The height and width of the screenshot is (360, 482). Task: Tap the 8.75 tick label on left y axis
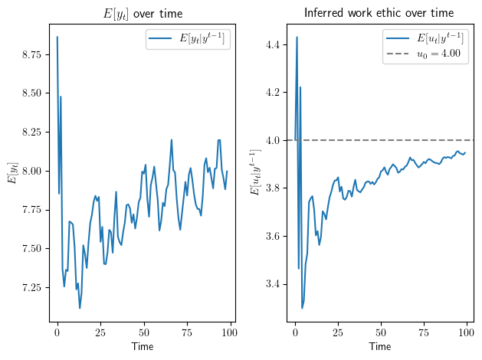click(x=34, y=55)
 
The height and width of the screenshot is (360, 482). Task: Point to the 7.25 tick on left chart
click(x=34, y=287)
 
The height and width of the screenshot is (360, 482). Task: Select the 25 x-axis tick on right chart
click(x=338, y=335)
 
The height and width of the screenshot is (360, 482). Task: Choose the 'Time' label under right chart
click(x=380, y=347)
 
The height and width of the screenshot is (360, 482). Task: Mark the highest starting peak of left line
click(x=57, y=37)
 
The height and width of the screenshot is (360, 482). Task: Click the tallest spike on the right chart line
click(x=297, y=37)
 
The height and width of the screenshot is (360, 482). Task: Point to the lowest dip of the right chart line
click(x=302, y=308)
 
